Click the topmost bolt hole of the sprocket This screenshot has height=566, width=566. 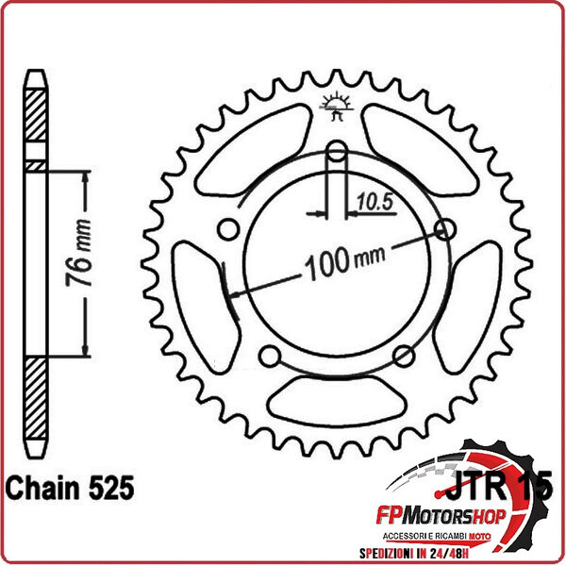coord(338,152)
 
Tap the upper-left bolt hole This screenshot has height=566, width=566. coord(227,229)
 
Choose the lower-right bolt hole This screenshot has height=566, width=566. coord(405,356)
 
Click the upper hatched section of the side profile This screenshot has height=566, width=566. coord(34,118)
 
